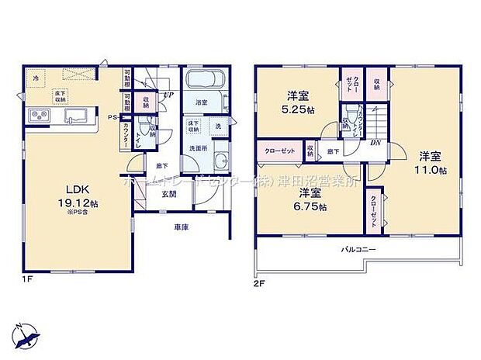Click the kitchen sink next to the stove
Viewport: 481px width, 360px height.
tap(76, 117)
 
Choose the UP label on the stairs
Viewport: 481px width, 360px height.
tap(168, 95)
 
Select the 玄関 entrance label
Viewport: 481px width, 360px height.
tap(168, 195)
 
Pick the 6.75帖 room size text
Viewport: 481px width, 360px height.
tap(311, 207)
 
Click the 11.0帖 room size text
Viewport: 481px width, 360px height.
tap(431, 170)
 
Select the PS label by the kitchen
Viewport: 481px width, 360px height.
tap(112, 118)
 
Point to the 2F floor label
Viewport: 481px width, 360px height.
tap(260, 283)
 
